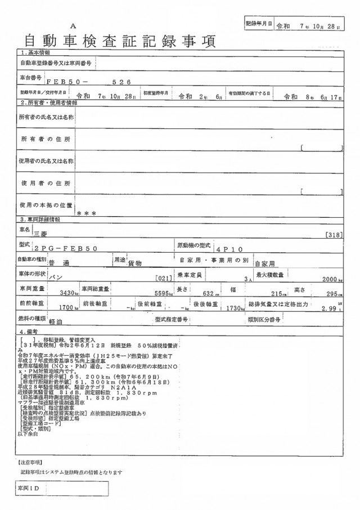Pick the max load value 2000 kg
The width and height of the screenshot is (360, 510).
click(332, 279)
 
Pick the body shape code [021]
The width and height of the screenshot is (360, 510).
click(162, 279)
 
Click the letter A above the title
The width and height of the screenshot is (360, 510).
click(73, 26)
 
